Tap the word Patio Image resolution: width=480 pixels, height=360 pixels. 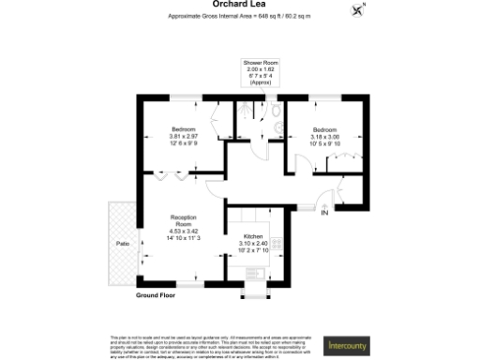click(122, 244)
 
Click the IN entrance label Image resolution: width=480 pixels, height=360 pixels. click(324, 214)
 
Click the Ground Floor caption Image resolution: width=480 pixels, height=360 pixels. click(156, 294)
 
